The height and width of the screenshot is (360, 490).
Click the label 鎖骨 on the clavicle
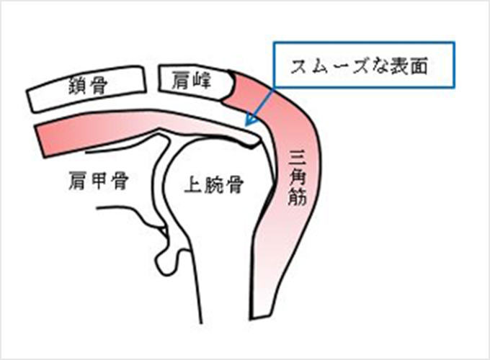(x=88, y=86)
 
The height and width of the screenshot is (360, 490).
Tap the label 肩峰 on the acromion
(x=192, y=81)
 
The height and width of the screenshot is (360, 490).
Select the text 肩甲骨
(x=99, y=180)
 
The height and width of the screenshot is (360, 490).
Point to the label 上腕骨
(x=214, y=184)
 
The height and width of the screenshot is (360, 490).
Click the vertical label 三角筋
(x=298, y=178)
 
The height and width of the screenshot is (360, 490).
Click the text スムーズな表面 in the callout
(x=359, y=66)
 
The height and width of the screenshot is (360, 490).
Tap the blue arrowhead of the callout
(x=251, y=120)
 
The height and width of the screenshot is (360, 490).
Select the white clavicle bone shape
(x=86, y=89)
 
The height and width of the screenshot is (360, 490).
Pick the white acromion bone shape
(x=196, y=82)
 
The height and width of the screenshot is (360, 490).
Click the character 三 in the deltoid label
(x=298, y=158)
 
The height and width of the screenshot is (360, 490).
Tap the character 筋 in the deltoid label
(x=298, y=197)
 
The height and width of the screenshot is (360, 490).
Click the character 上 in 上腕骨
(x=194, y=184)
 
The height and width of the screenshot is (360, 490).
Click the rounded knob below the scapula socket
(x=166, y=261)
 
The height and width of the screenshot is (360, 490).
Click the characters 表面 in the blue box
(x=408, y=66)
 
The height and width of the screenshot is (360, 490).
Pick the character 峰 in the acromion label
(x=202, y=81)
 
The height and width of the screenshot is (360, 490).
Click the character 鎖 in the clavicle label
(x=78, y=86)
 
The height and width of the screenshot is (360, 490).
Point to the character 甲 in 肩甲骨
(x=99, y=180)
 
